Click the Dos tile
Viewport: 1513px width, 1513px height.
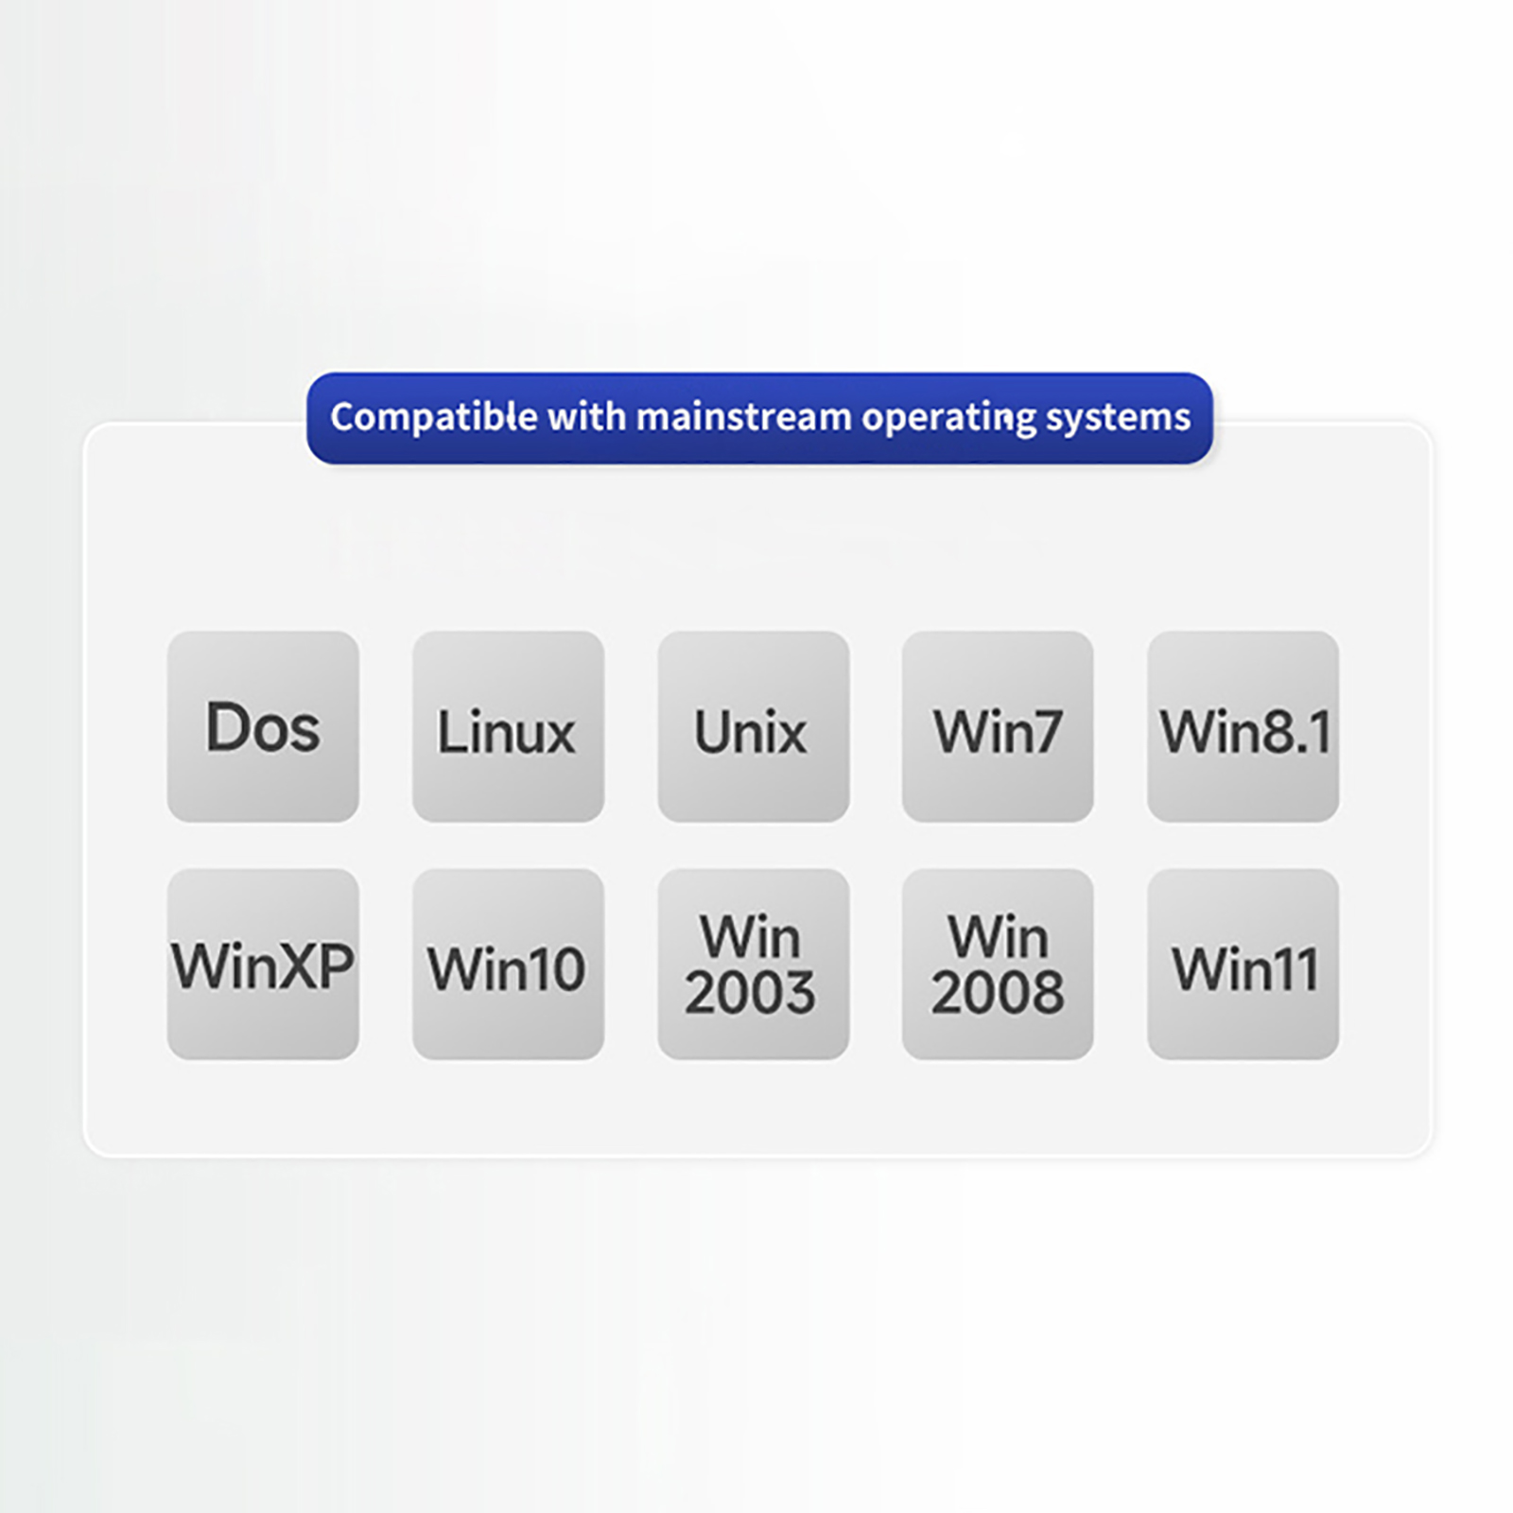click(x=263, y=726)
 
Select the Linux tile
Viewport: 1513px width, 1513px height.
click(x=508, y=726)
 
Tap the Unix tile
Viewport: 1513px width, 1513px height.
click(x=753, y=726)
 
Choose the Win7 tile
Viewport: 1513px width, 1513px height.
click(x=998, y=726)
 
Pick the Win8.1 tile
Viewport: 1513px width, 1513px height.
click(x=1243, y=726)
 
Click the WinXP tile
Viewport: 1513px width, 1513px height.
click(x=263, y=964)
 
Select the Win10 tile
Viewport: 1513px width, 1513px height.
click(x=508, y=964)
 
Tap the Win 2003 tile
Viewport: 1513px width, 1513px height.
click(x=753, y=964)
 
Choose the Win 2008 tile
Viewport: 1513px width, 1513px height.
click(x=998, y=964)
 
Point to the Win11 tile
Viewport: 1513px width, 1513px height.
click(x=1243, y=964)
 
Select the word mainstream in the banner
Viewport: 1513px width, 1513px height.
click(x=743, y=417)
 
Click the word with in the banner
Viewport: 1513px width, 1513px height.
click(x=585, y=417)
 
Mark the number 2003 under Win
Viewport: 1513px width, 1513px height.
click(x=750, y=993)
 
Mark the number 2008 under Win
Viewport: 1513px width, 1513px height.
click(x=998, y=993)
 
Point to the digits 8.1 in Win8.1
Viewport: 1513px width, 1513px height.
click(x=1296, y=732)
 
